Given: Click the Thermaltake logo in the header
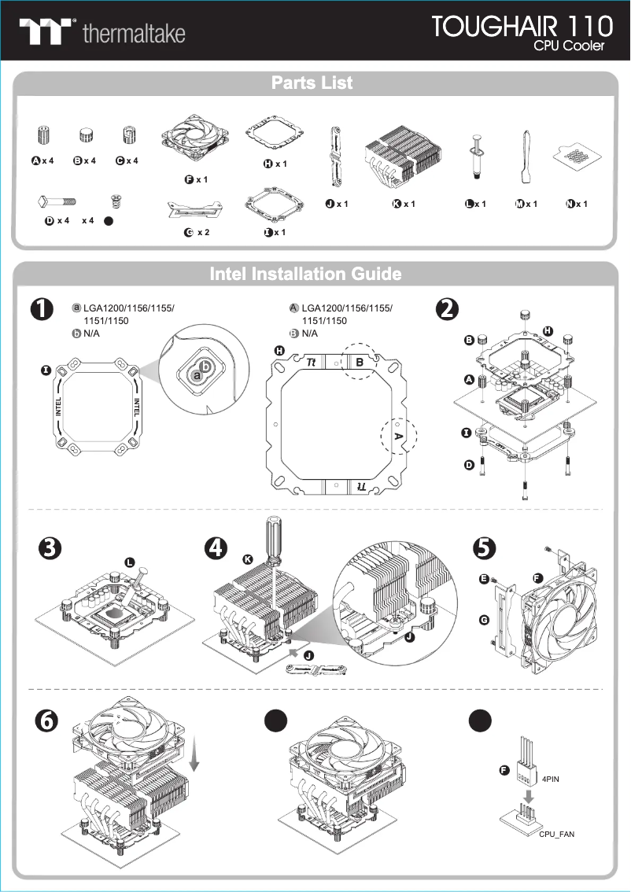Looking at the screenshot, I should point(102,31).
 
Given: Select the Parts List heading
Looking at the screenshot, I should point(312,83).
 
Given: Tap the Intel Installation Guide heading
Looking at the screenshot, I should point(306,274).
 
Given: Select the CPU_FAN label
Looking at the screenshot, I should point(556,833).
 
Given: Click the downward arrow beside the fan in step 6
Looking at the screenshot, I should point(195,755).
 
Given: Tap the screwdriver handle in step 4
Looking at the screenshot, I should point(273,535).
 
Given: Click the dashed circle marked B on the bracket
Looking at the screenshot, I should point(360,362).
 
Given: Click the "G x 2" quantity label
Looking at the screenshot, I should point(196,232).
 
